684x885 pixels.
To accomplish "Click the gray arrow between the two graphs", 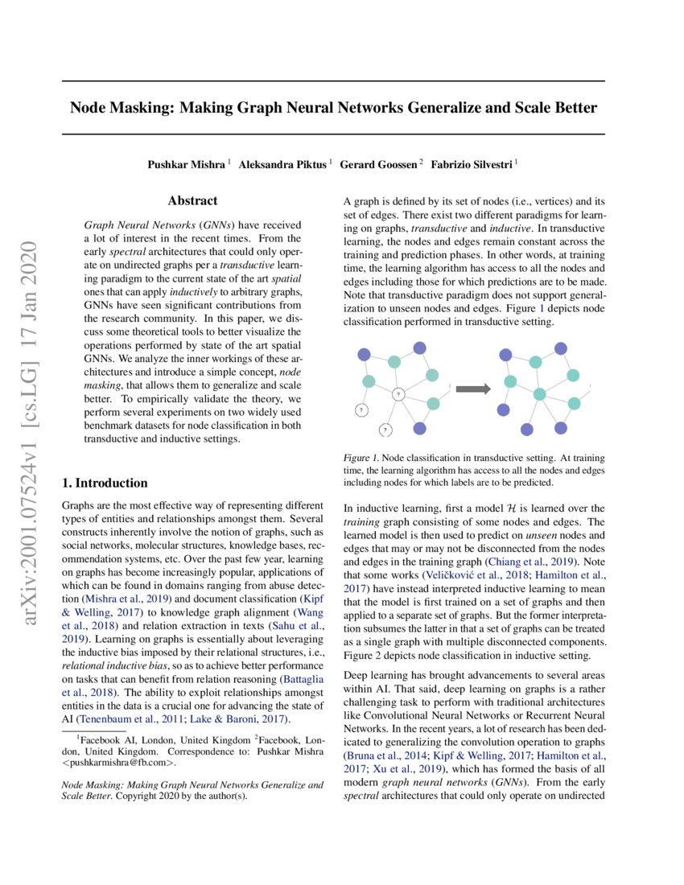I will tap(472, 389).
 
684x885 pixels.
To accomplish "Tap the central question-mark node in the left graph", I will tap(398, 394).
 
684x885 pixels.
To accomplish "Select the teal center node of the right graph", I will tap(540, 394).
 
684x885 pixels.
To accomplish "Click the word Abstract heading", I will tap(192, 201).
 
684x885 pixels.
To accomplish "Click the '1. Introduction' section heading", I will tap(105, 483).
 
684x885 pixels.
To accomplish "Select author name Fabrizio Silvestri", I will tap(472, 164).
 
